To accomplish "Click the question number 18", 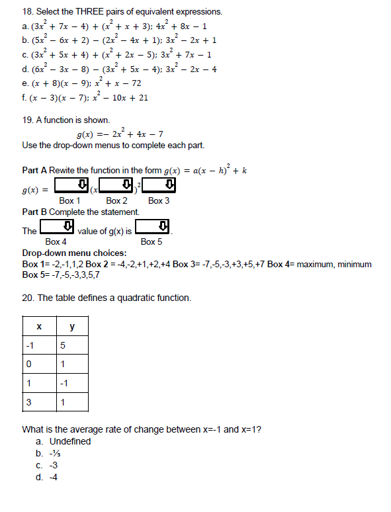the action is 27,12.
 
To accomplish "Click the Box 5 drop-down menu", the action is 153,228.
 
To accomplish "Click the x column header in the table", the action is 39,326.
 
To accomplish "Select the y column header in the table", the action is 72,326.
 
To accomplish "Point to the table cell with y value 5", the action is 72,345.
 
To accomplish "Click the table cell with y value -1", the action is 72,383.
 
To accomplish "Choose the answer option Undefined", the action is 70,441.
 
